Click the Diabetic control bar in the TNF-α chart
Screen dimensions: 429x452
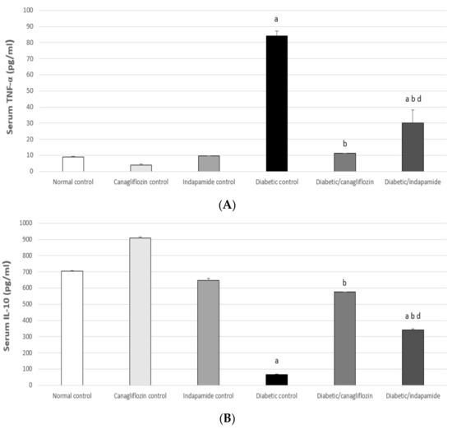click(x=276, y=104)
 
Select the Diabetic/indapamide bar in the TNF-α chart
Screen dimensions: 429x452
click(x=412, y=147)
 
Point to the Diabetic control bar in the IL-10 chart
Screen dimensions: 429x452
click(x=276, y=380)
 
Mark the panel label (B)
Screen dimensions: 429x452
click(x=226, y=418)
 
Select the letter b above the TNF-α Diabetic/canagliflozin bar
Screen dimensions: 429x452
click(x=344, y=144)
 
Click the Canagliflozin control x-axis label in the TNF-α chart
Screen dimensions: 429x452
click(x=141, y=182)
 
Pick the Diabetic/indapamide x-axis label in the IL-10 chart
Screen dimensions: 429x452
click(x=412, y=395)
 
